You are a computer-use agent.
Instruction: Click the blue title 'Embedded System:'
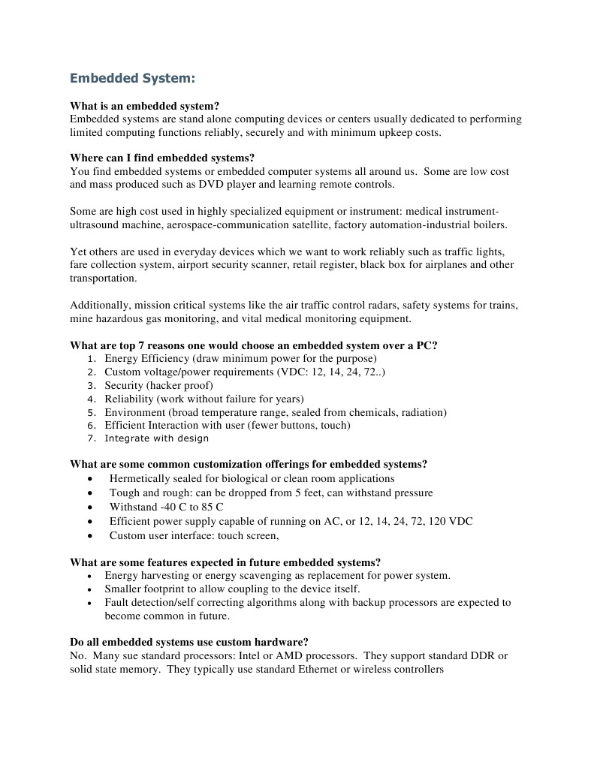pyautogui.click(x=132, y=77)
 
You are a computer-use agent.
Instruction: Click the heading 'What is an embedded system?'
pyautogui.click(x=144, y=106)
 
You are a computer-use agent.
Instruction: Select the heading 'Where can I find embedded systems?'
pyautogui.click(x=162, y=158)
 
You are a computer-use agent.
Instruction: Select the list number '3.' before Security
pyautogui.click(x=92, y=386)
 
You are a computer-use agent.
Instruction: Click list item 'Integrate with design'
pyautogui.click(x=156, y=438)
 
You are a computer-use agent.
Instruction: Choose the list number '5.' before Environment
pyautogui.click(x=92, y=413)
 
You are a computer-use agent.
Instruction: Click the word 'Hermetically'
pyautogui.click(x=140, y=478)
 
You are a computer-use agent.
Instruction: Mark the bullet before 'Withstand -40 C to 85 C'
pyautogui.click(x=91, y=507)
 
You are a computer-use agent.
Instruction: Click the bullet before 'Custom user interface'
pyautogui.click(x=91, y=536)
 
